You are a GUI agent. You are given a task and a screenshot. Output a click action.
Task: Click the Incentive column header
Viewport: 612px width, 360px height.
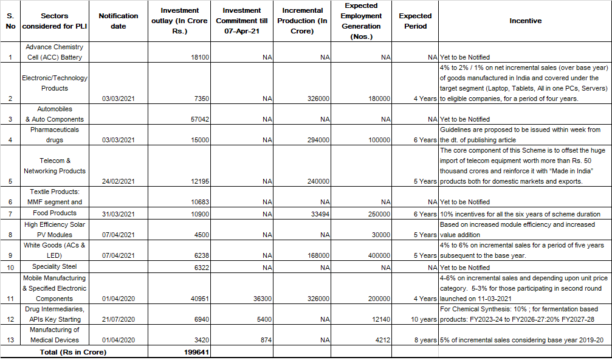click(x=525, y=21)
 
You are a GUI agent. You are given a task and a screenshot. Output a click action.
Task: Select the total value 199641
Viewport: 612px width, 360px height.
click(x=197, y=352)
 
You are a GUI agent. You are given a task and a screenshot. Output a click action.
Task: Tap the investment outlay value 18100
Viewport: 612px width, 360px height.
click(x=199, y=57)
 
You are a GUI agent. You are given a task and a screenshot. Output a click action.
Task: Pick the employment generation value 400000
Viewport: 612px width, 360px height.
click(x=377, y=256)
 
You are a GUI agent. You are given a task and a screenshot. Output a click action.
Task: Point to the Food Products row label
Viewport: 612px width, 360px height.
click(x=55, y=213)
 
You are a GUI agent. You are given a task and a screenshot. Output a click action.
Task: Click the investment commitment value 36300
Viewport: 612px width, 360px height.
click(x=260, y=299)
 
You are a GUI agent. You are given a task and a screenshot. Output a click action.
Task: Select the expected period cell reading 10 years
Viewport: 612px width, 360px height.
click(x=423, y=319)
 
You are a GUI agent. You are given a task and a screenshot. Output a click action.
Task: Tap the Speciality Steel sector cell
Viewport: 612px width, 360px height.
click(x=55, y=267)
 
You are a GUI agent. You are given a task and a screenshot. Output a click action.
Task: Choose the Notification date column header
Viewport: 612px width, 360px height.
click(x=119, y=21)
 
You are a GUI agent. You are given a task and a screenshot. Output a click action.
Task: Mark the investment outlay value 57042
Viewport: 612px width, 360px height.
click(x=199, y=119)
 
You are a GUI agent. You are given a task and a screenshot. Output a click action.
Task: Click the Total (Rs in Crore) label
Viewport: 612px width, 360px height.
click(x=73, y=352)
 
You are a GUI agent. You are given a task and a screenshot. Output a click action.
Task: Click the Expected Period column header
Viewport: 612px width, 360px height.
click(x=415, y=21)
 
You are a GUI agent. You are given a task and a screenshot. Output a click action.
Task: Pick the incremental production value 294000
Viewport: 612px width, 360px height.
click(x=317, y=140)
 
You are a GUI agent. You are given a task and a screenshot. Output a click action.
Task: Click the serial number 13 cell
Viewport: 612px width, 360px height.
click(x=10, y=341)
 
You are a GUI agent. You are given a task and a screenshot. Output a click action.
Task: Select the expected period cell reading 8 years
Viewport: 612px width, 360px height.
click(x=425, y=341)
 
